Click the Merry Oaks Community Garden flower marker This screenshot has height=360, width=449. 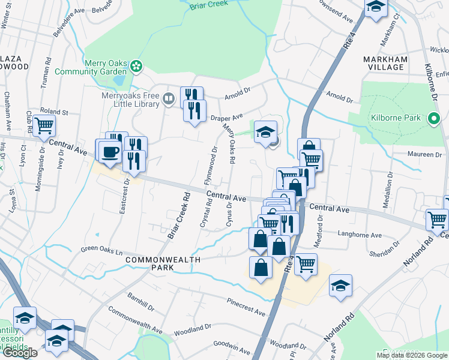pos(137,66)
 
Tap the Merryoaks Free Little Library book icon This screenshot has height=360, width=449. pos(170,98)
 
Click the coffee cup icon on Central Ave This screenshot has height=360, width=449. pos(110,151)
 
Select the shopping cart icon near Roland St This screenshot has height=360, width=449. pos(44,126)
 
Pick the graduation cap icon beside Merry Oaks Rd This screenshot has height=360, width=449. pos(264,132)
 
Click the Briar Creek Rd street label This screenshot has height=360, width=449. pos(179,215)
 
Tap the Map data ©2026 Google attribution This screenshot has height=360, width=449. pos(411,355)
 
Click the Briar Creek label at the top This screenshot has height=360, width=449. pos(209,6)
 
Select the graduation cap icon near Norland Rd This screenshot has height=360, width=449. pos(340,286)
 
